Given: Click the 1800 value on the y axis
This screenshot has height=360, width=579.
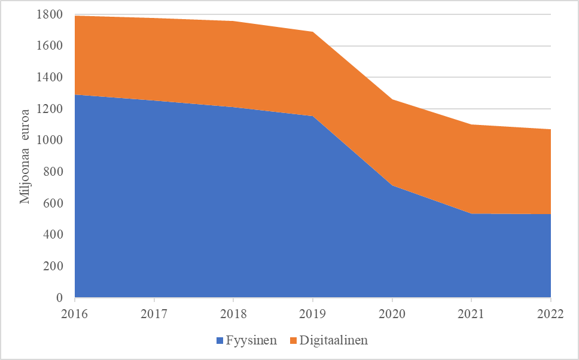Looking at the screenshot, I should click(50, 14).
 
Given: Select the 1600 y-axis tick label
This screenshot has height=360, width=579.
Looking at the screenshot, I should click(50, 46).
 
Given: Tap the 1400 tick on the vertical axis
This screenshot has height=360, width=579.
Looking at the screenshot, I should click(50, 77).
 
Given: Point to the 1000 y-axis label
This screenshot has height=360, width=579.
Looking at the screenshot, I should click(50, 141).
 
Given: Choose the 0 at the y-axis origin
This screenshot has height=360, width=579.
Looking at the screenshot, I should click(59, 298).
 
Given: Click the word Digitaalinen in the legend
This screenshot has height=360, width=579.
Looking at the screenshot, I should click(333, 341).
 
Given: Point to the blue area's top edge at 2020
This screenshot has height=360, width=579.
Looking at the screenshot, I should click(392, 186).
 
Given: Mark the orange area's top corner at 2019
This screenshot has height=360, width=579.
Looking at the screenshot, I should click(313, 32).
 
